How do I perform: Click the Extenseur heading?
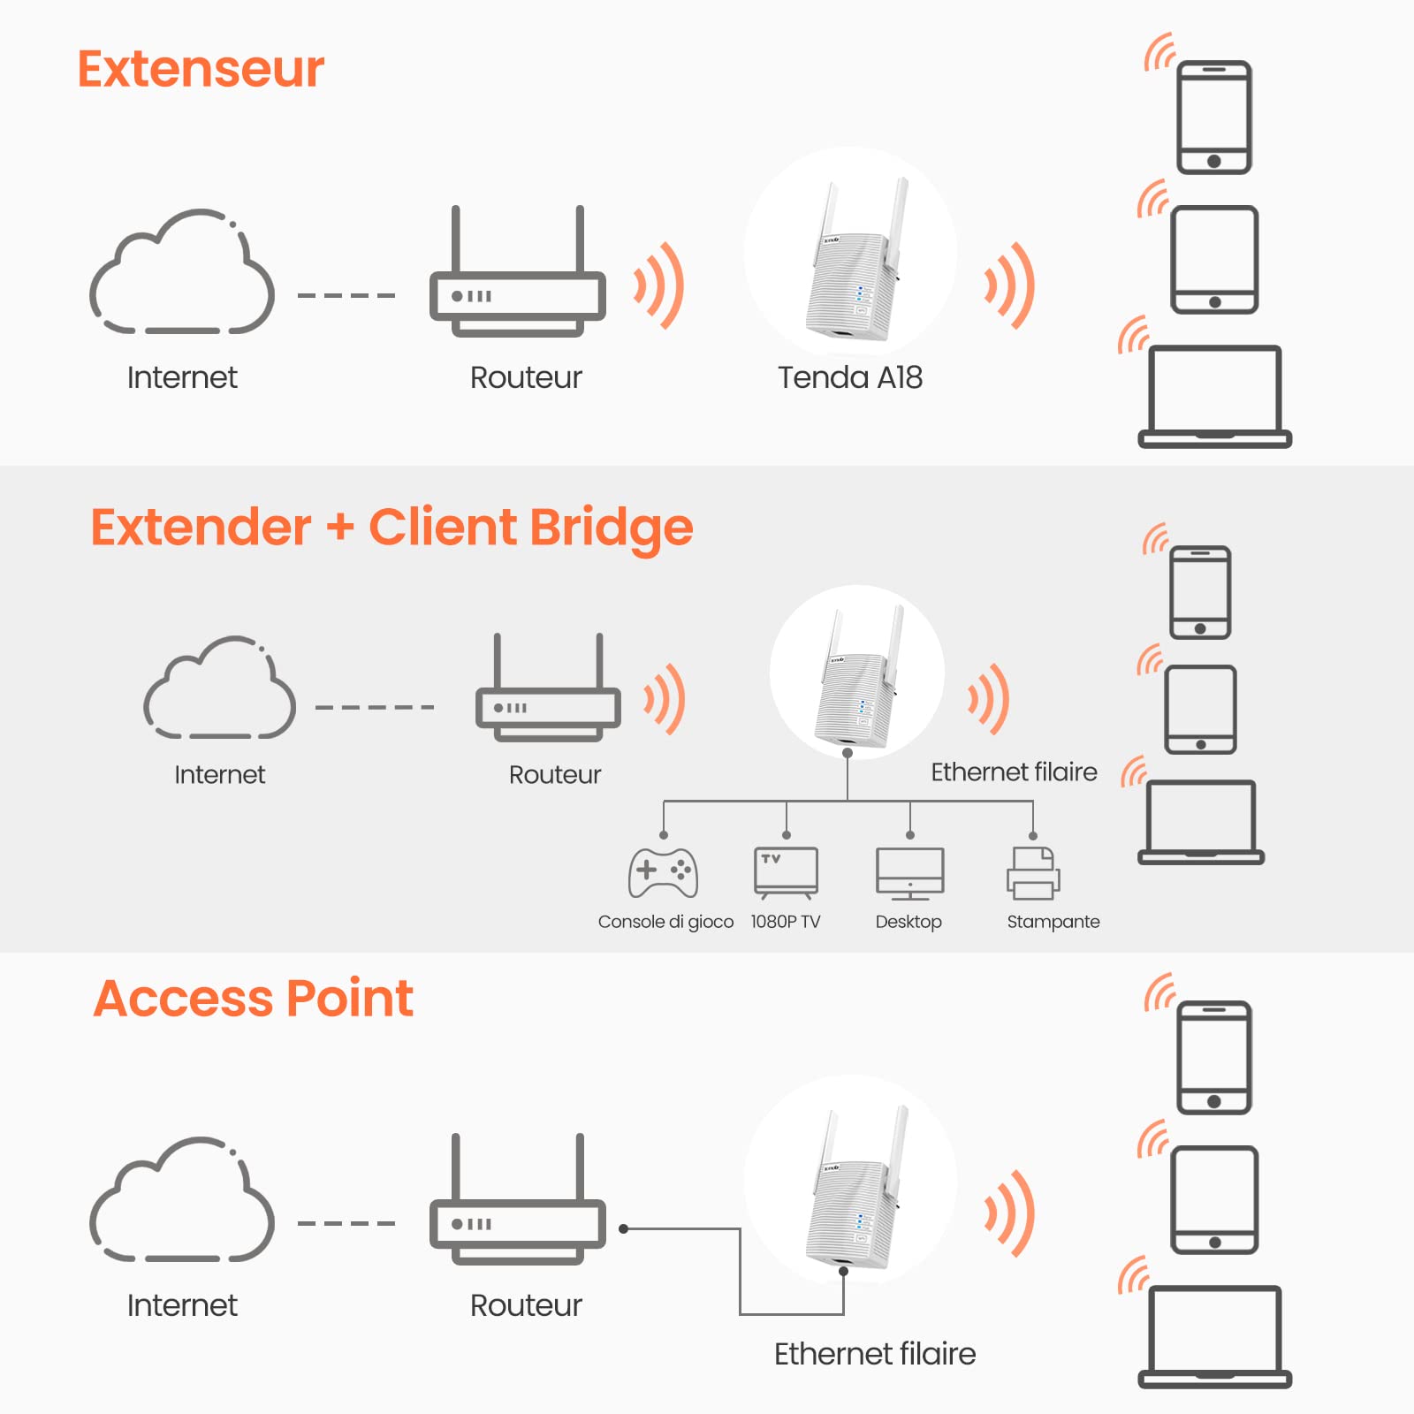pos(201,69)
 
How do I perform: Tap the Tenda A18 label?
pos(849,377)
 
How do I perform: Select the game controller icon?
pos(663,873)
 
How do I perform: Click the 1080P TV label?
pos(785,922)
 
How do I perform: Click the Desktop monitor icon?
pos(909,873)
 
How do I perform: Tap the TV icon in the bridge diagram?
pos(786,872)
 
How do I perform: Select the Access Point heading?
pos(253,999)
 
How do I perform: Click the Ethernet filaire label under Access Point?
pos(874,1354)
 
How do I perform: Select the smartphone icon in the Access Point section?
pos(1214,1057)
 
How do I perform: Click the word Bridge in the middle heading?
pos(612,528)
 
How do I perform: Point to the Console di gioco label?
pos(665,922)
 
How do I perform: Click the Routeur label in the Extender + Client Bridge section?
pos(554,775)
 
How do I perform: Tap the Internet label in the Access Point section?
pos(182,1305)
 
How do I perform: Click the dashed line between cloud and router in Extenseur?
pos(346,295)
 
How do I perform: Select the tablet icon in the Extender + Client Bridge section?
pos(1200,709)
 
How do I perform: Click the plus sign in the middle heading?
pos(340,528)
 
